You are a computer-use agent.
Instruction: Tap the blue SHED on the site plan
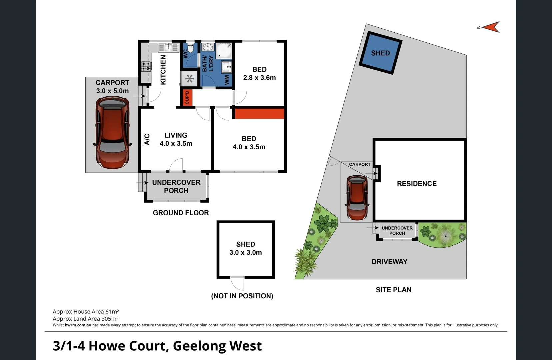(x=380, y=53)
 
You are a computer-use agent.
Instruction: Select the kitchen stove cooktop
(x=146, y=66)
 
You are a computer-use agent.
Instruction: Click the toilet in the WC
(x=190, y=48)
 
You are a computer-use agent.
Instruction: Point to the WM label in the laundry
(x=227, y=79)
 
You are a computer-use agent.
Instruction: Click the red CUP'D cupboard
(x=187, y=97)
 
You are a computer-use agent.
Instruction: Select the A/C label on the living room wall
(x=147, y=139)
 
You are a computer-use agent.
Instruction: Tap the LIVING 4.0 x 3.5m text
(x=176, y=139)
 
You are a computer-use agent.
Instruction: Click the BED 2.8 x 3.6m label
(x=259, y=73)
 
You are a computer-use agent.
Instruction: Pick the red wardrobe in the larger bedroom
(x=258, y=113)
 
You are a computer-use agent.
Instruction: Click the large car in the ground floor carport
(x=112, y=132)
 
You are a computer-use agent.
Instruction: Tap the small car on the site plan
(x=357, y=198)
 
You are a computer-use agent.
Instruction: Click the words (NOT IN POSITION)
(x=242, y=296)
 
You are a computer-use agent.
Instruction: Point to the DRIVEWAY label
(x=389, y=262)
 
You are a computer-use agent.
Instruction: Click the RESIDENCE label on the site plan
(x=417, y=184)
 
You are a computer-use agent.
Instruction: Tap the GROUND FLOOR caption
(x=181, y=213)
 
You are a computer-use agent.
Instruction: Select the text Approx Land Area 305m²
(x=86, y=319)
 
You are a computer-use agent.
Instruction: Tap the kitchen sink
(x=168, y=47)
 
